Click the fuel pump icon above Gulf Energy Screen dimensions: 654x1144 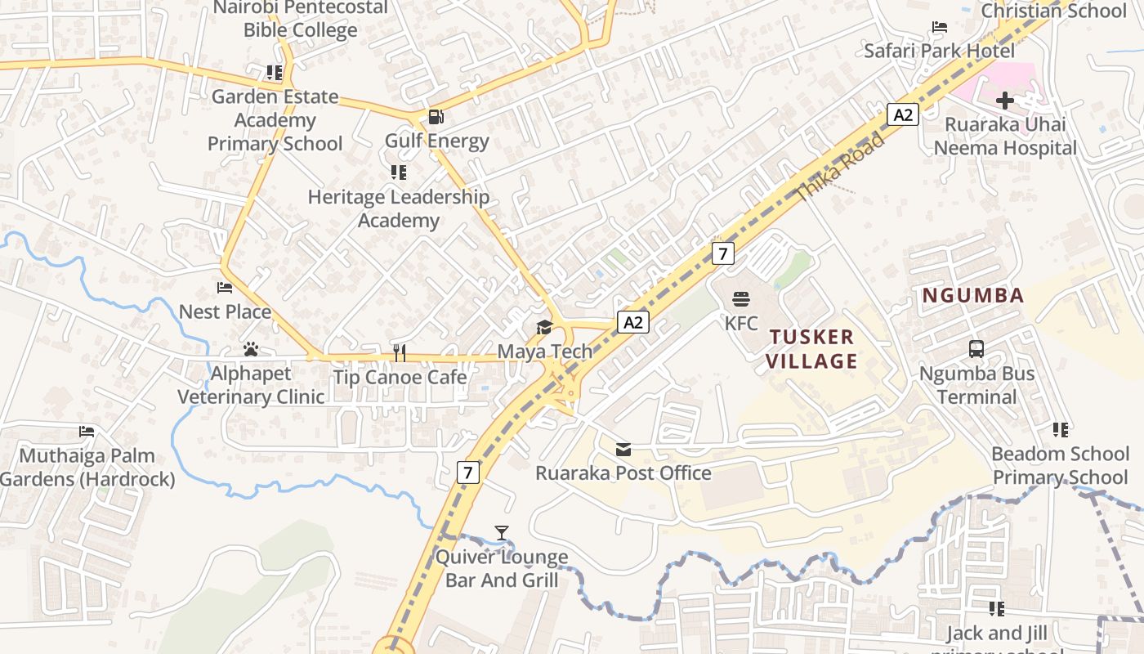click(436, 117)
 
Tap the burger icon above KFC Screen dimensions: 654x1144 click(741, 299)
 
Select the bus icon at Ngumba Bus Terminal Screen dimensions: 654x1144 click(976, 349)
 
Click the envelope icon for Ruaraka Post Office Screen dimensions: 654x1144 click(623, 449)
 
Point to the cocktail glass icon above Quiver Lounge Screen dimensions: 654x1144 click(502, 533)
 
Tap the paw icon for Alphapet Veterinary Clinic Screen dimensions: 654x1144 click(251, 349)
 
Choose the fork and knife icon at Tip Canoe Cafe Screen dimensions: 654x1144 click(400, 353)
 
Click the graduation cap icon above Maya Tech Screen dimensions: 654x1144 click(544, 328)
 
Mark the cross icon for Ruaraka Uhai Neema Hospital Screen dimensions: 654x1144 click(1005, 101)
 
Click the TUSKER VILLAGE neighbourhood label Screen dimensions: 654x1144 click(812, 349)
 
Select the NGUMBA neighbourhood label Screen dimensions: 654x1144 click(973, 296)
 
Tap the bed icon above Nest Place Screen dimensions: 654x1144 click(225, 288)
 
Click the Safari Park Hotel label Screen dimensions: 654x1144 click(940, 51)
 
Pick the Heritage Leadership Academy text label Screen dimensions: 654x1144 click(399, 208)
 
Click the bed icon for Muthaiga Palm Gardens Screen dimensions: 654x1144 click(87, 432)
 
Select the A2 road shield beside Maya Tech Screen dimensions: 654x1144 click(632, 322)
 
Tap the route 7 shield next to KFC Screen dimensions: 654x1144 click(722, 253)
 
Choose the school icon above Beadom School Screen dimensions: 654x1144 click(1061, 429)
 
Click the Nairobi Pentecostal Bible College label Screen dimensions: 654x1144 click(301, 19)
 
